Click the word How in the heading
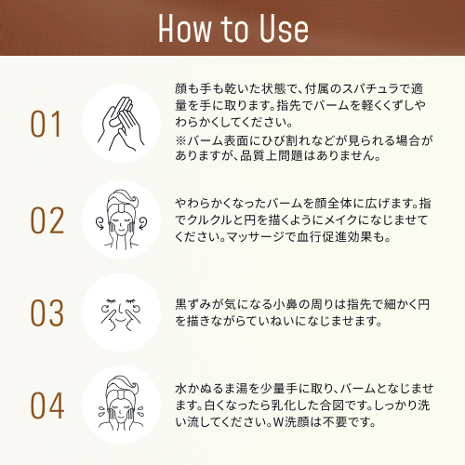(184, 28)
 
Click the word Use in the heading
(284, 28)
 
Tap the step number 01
(46, 124)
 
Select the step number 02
(47, 220)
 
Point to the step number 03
(47, 312)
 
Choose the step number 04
(47, 405)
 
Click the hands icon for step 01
(121, 124)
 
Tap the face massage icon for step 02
(121, 219)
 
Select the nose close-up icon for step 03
(121, 313)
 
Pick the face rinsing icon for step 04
(121, 403)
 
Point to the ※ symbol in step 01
(181, 140)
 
